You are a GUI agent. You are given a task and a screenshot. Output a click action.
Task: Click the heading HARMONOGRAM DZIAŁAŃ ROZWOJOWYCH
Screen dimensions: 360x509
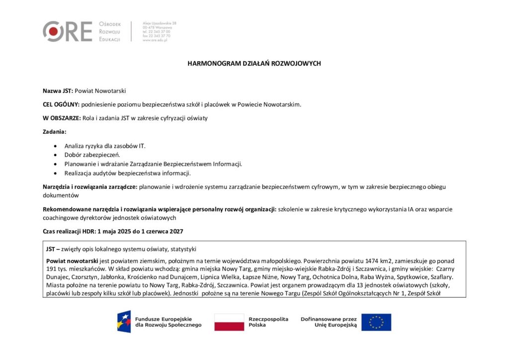(254, 64)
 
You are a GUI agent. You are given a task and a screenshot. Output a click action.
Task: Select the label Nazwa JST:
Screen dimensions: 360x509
(58, 91)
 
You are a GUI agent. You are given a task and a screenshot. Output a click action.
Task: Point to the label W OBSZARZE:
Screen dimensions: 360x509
(62, 118)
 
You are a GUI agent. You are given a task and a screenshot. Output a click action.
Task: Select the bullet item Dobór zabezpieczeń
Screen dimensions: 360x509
(92, 155)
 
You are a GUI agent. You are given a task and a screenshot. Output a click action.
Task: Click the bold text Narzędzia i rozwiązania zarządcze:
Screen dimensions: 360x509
(90, 187)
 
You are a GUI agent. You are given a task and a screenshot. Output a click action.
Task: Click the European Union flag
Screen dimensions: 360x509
(376, 322)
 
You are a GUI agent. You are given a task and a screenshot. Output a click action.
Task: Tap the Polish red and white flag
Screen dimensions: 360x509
(229, 322)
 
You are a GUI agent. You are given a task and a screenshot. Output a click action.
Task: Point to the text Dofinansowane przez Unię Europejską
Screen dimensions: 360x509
(329, 322)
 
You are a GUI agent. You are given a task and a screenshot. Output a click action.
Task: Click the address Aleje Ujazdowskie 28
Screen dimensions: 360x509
(160, 23)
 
